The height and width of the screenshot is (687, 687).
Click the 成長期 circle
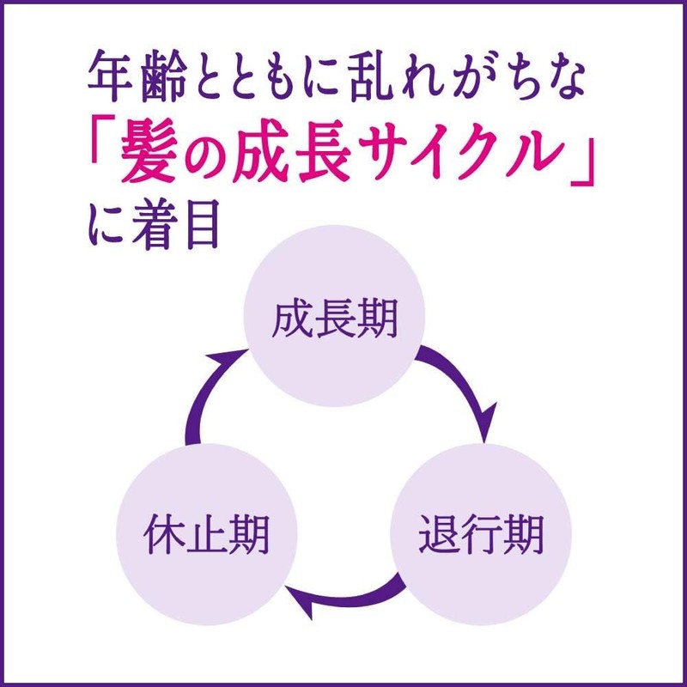click(x=335, y=321)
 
